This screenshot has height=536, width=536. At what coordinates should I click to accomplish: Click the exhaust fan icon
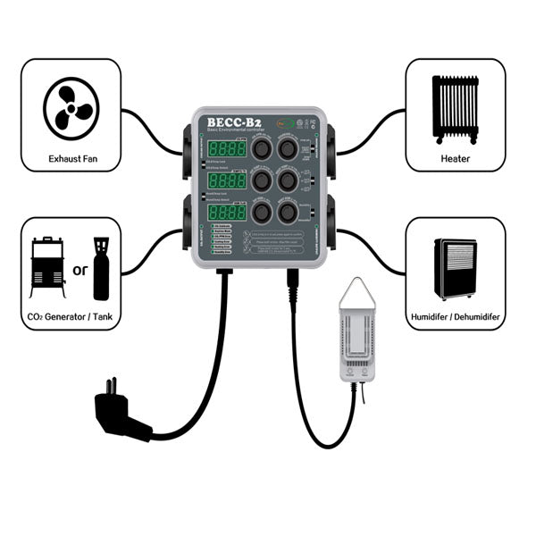tap(71, 105)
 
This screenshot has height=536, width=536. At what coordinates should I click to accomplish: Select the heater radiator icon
tap(455, 108)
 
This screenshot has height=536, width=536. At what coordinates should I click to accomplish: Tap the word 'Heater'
tap(456, 158)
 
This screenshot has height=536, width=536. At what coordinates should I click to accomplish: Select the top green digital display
tap(228, 148)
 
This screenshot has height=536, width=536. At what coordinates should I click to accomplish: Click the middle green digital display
tap(228, 181)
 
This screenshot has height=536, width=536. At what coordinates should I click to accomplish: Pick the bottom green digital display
tap(228, 214)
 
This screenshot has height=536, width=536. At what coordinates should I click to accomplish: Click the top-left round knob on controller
tap(262, 148)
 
